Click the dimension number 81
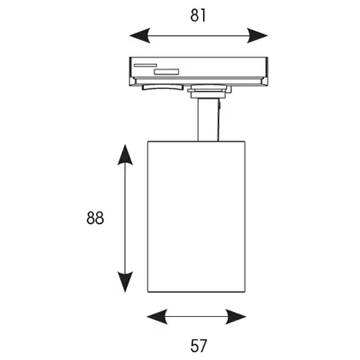pos(198,15)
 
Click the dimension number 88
pos(95,218)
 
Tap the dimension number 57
pos(198,346)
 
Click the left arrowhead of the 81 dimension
pos(139,35)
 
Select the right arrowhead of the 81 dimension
pos(258,35)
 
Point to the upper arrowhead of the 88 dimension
pos(125,154)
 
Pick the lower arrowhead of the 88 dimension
pos(125,282)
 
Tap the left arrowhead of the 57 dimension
pos(158,317)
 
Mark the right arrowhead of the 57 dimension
pos(236,317)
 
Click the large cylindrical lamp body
pos(197,217)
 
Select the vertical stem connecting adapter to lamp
pos(208,119)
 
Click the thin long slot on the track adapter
pos(146,65)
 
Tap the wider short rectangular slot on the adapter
pos(166,71)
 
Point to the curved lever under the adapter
pos(162,87)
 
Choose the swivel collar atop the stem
pos(210,91)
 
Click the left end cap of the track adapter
pos(132,82)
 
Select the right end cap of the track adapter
pos(265,82)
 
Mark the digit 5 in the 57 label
pos(194,346)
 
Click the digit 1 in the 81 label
pos(203,15)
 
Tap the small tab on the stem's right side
pos(219,106)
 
